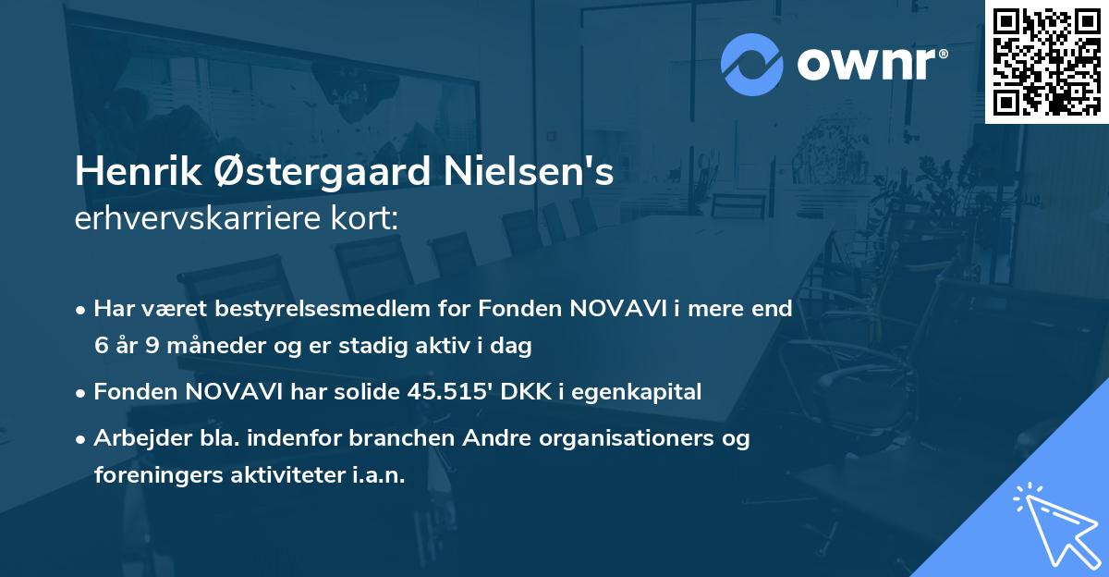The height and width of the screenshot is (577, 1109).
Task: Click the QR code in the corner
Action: (1046, 62)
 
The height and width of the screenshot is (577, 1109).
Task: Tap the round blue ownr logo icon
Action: (752, 64)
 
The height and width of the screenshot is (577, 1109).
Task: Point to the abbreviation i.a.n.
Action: (380, 475)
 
